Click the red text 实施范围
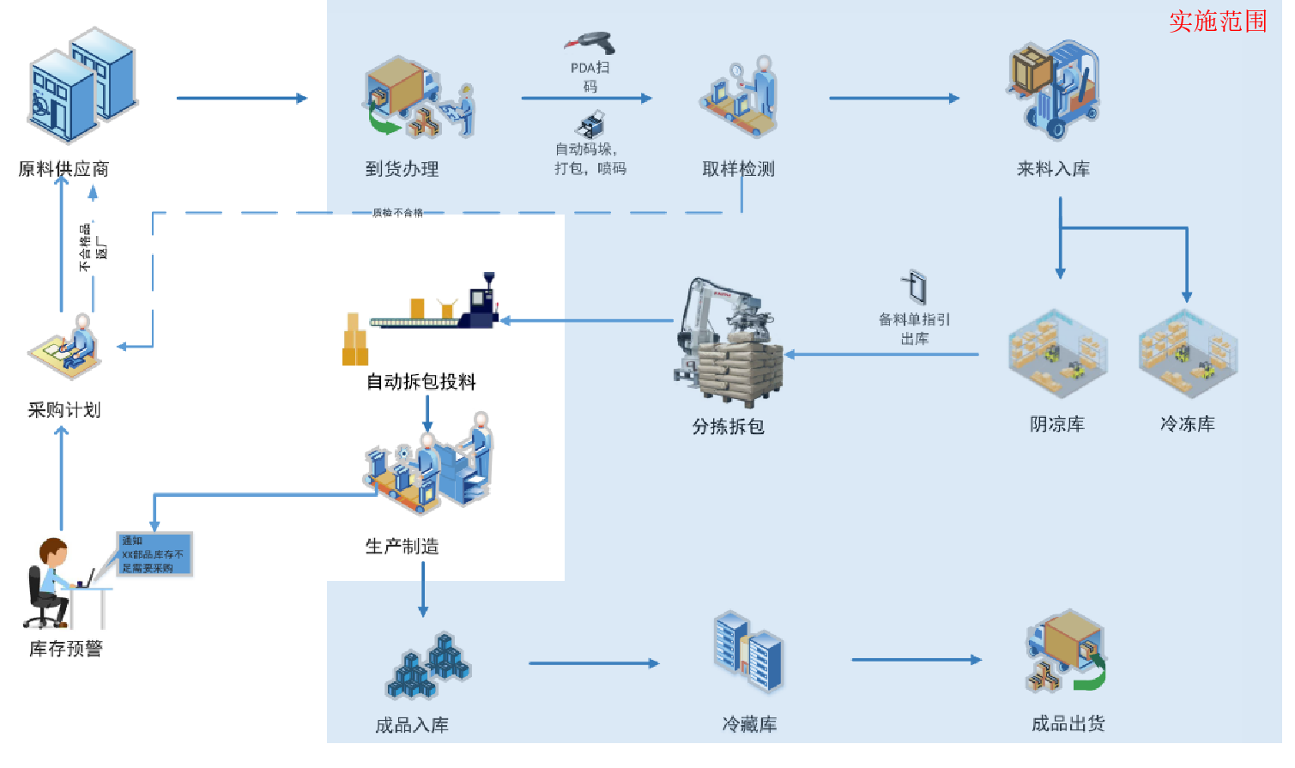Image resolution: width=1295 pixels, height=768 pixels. (x=1218, y=21)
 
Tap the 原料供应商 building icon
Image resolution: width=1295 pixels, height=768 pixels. (x=83, y=84)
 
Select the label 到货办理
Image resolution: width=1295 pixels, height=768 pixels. (x=402, y=169)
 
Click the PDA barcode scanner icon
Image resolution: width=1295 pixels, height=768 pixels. (x=590, y=43)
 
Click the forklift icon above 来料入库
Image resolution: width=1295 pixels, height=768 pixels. (x=1053, y=90)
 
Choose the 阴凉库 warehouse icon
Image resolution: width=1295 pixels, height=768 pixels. (x=1057, y=354)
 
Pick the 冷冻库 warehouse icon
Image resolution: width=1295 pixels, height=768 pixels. (x=1188, y=354)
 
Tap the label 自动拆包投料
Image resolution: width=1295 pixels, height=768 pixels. (x=421, y=382)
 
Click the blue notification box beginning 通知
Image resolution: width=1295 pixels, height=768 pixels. (x=154, y=554)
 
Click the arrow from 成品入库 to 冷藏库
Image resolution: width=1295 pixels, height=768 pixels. (x=594, y=663)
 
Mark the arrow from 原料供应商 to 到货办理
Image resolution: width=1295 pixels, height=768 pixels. (x=241, y=99)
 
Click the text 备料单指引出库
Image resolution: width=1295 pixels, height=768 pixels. (x=914, y=329)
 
